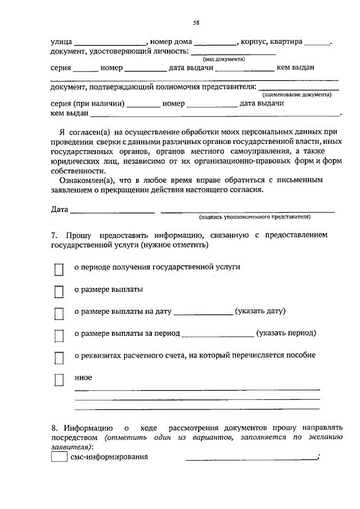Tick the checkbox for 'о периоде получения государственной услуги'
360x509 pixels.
[58, 270]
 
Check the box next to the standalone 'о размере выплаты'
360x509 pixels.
[58, 292]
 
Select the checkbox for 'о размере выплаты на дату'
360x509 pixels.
[58, 314]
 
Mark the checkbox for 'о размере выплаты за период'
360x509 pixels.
[58, 336]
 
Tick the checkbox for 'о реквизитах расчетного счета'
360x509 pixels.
[58, 358]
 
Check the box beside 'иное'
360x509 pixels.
[58, 380]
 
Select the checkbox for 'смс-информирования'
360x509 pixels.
[58, 457]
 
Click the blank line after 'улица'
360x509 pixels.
[110, 43]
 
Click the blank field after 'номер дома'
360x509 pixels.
[215, 43]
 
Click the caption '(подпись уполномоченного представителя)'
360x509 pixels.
[254, 217]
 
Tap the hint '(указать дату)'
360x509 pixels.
[261, 311]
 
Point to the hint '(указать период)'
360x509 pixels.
[286, 333]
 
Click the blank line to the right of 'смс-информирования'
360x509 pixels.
[251, 458]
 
